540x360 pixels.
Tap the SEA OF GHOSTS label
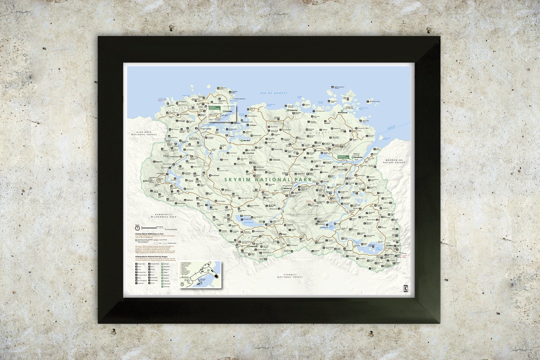[274, 93]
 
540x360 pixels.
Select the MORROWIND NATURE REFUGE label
[395, 161]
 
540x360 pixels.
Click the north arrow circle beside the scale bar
[137, 228]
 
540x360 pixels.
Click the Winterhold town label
[342, 113]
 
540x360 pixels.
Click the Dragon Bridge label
[205, 128]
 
